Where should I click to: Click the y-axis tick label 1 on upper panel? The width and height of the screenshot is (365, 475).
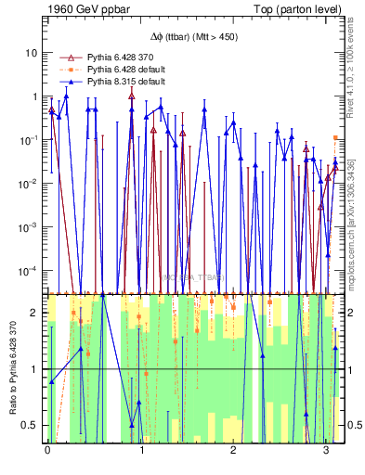coord(34,96)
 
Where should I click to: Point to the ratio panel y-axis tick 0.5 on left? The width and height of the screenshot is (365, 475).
coord(31,425)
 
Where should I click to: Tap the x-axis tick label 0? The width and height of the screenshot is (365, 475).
coord(47,452)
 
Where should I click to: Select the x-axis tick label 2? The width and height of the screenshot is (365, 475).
coord(233,452)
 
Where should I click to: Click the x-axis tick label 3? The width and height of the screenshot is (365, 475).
coord(326,452)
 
